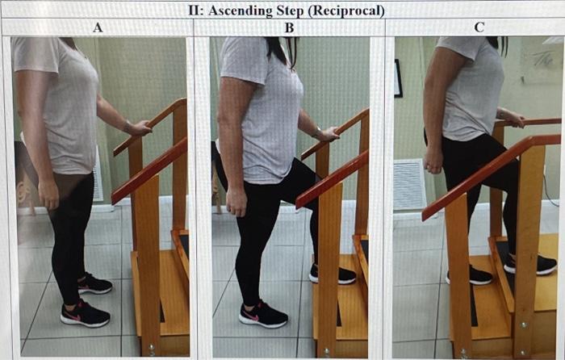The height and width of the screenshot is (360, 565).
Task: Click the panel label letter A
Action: (x=98, y=27)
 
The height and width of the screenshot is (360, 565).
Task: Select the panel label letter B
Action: (x=289, y=27)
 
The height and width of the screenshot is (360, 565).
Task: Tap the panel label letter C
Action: (x=479, y=27)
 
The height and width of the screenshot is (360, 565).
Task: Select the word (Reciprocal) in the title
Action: (x=351, y=10)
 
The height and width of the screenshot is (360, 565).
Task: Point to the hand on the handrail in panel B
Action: (x=327, y=134)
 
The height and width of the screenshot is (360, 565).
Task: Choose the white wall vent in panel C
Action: (x=409, y=184)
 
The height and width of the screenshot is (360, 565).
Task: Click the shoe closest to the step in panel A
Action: (x=95, y=283)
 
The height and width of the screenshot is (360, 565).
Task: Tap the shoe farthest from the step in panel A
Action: (x=86, y=313)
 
